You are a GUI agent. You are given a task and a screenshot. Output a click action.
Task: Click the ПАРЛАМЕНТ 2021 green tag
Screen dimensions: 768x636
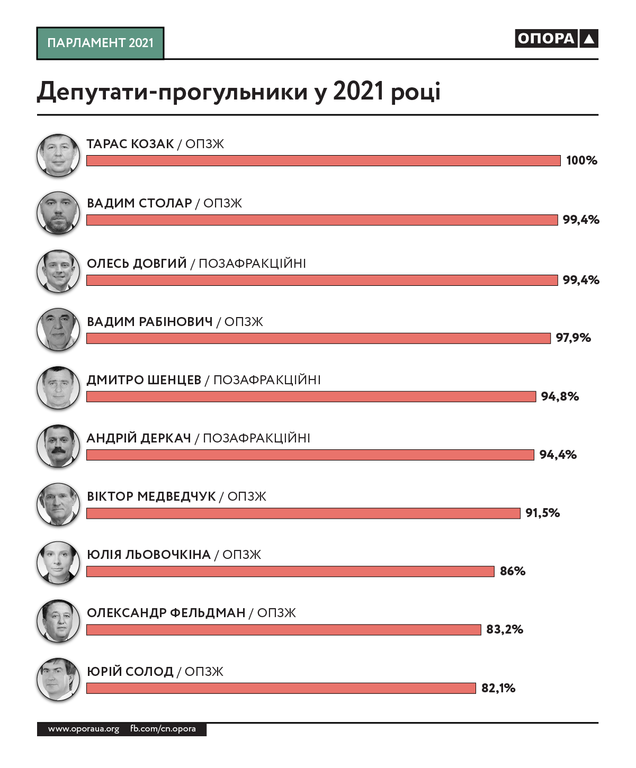pos(100,43)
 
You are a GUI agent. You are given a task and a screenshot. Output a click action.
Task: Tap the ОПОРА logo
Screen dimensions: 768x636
pos(556,39)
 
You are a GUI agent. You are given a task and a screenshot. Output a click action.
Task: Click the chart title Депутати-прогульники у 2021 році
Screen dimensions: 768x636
pos(238,92)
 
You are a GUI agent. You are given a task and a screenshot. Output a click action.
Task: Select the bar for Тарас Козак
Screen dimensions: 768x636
pos(323,160)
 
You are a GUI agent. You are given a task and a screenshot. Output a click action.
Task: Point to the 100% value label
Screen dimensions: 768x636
pos(581,160)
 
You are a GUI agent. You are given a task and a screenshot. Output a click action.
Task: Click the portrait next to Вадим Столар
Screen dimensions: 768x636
pos(58,213)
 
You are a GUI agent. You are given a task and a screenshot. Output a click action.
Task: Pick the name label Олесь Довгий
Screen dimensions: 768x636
pos(137,263)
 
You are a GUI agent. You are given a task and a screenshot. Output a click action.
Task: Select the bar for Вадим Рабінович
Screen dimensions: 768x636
pos(318,338)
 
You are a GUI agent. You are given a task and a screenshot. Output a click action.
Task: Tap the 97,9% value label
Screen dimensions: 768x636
pos(574,338)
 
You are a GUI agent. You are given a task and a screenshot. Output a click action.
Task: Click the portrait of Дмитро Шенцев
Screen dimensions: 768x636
pos(58,387)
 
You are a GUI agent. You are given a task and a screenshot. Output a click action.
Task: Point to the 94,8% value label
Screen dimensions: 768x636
pos(560,396)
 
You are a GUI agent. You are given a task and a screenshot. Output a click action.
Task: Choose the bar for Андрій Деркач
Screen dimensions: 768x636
pos(310,455)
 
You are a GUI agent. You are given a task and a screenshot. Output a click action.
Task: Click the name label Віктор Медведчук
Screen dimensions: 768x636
pos(151,496)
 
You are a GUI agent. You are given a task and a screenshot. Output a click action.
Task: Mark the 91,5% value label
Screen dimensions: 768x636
pos(543,513)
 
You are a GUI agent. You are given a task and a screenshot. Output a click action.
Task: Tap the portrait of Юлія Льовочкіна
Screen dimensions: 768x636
pos(58,562)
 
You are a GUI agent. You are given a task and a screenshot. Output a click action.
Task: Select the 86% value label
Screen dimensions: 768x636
pos(513,571)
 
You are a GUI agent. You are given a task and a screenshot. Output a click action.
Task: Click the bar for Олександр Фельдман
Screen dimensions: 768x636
pos(283,629)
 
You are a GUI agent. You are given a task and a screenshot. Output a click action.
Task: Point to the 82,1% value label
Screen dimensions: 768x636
pos(498,688)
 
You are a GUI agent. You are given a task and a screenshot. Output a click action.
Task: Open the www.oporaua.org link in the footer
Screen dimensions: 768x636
pos(84,729)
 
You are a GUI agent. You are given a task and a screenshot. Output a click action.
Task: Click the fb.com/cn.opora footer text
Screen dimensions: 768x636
pos(163,729)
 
